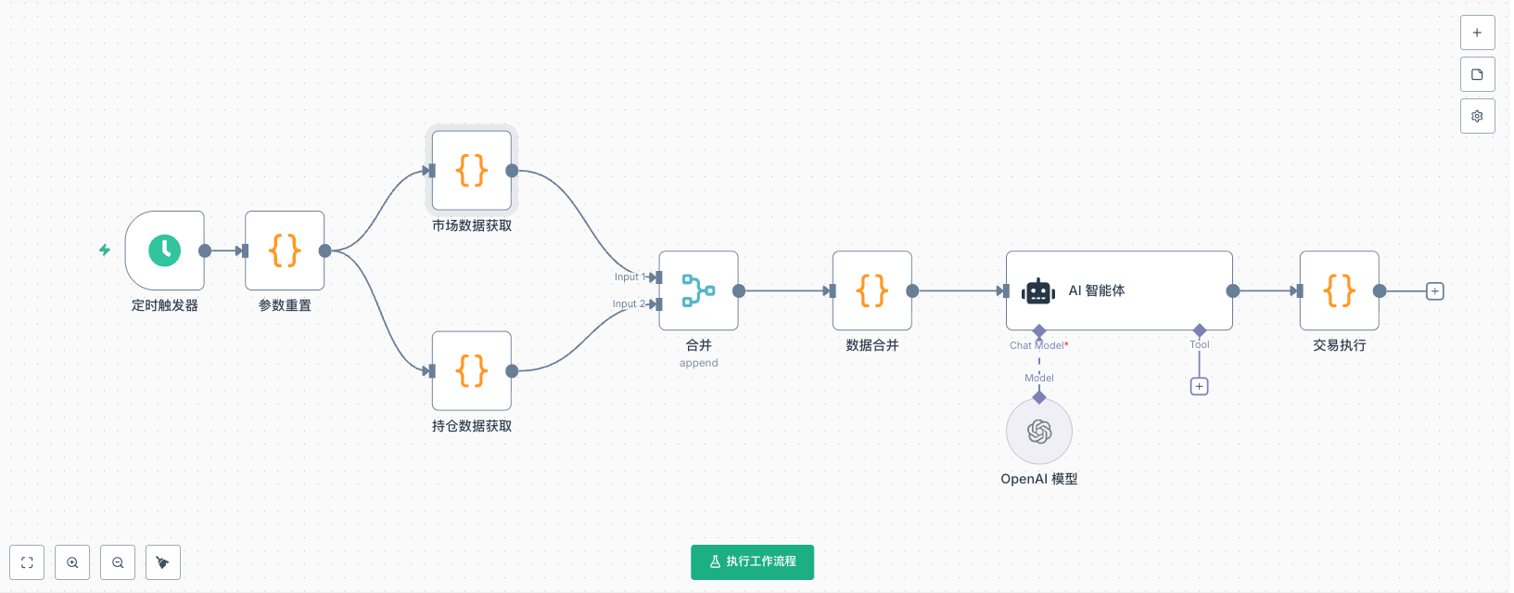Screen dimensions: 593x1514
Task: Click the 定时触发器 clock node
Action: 165,251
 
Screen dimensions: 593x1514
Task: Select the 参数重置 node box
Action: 285,251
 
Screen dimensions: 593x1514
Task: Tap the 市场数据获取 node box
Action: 472,171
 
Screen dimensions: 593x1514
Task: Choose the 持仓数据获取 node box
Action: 472,371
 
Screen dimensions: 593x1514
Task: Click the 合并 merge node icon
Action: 698,290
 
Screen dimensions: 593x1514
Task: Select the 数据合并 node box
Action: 872,290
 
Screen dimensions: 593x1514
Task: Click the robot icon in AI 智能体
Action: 1038,291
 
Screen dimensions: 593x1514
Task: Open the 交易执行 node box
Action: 1340,290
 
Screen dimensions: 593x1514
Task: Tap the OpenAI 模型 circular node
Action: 1039,432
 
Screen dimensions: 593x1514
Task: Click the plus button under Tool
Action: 1200,386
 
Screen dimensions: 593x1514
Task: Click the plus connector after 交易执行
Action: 1435,291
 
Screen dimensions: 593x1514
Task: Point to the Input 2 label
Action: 628,303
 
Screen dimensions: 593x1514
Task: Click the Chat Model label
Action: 1037,345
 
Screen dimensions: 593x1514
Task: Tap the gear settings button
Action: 1477,116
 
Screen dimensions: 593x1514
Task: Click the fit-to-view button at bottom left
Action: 27,562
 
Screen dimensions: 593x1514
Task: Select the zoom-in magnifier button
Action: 72,562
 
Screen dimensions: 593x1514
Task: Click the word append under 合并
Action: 698,363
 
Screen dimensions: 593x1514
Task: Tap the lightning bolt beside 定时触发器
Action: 105,250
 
